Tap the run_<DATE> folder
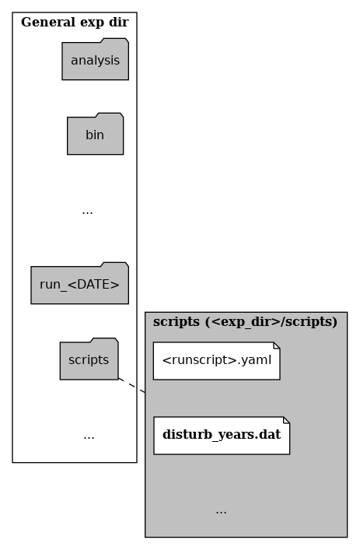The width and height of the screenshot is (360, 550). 79,283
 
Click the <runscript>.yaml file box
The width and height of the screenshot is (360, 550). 217,361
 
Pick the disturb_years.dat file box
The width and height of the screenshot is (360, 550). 222,436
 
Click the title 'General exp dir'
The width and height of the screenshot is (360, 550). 75,22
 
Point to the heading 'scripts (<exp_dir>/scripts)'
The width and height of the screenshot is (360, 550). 245,321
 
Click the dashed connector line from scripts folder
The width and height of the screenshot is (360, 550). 132,386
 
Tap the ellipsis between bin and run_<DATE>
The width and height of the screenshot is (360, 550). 87,212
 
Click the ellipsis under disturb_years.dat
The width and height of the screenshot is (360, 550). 221,512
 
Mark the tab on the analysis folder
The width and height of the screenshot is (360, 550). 114,40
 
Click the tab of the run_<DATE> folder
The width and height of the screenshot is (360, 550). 114,264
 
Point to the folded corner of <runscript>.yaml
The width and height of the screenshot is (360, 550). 277,345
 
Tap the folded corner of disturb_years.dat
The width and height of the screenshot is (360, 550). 286,420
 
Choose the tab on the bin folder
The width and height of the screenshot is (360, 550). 110,115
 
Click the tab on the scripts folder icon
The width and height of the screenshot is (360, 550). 104,340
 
